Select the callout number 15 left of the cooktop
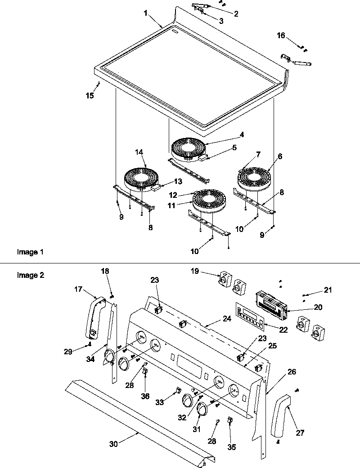click(90, 95)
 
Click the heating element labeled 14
click(139, 177)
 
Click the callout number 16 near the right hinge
click(281, 36)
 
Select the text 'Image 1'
click(27, 252)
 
